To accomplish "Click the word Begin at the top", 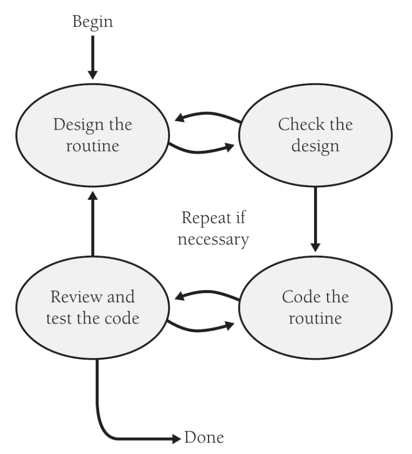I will click(92, 22).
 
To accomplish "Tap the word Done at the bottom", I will click(204, 437).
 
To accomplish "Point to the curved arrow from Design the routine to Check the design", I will click(202, 148).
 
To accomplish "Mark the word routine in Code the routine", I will click(315, 319).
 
